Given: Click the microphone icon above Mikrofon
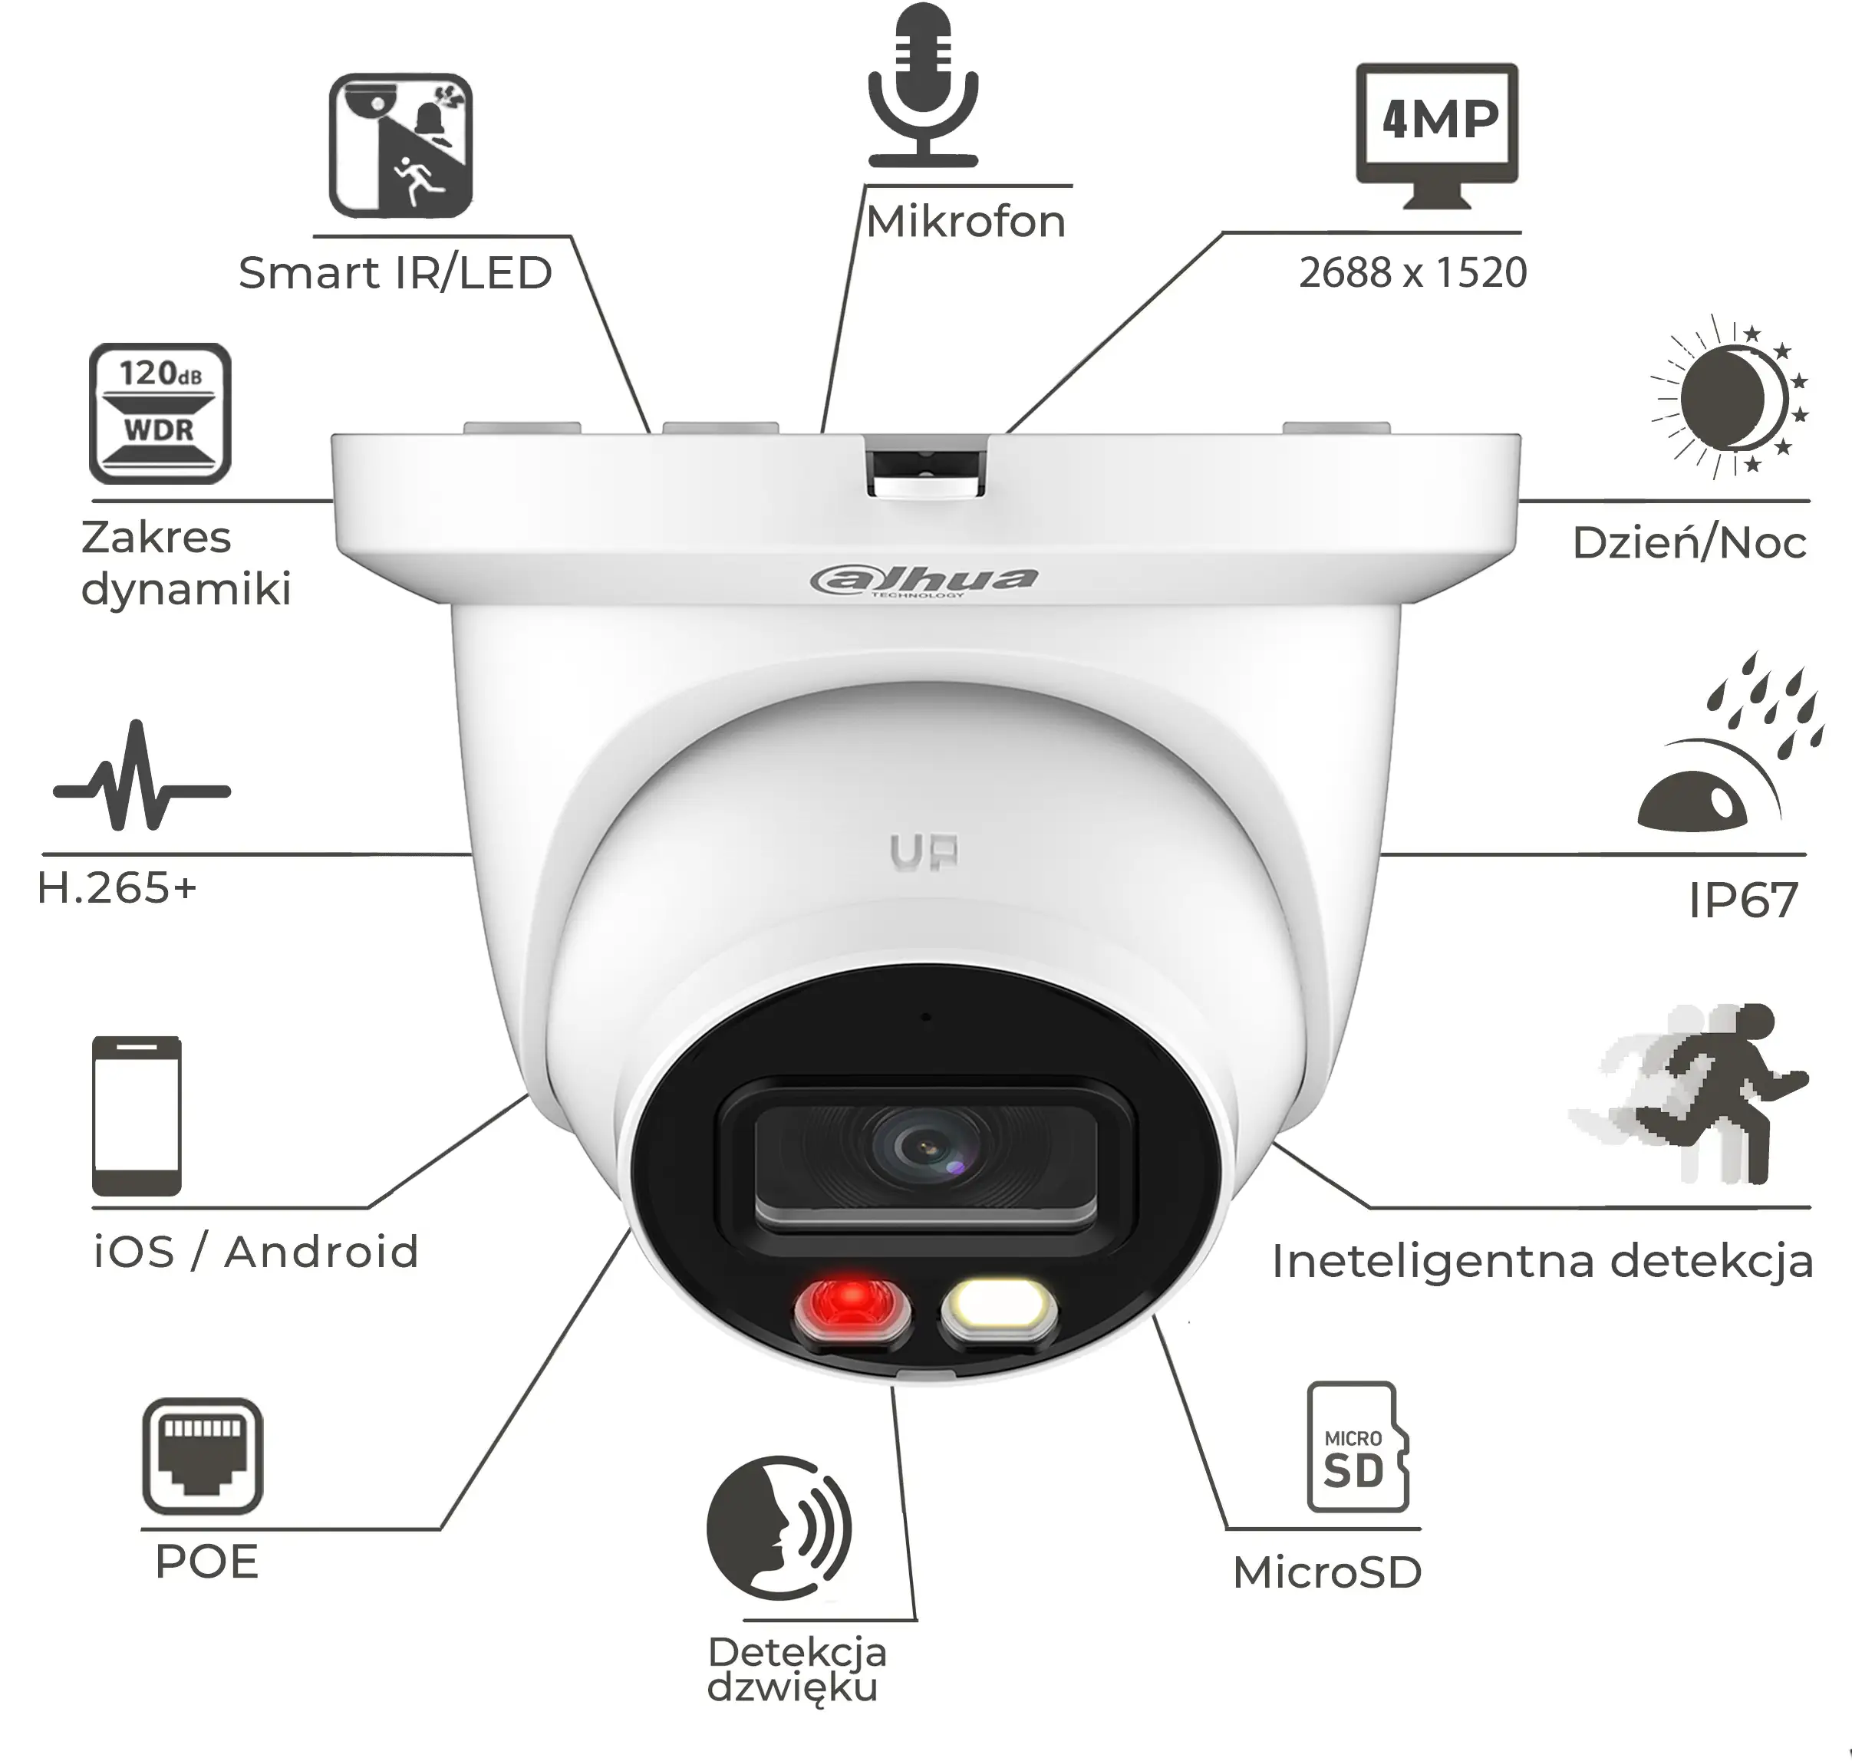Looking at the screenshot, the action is (x=923, y=87).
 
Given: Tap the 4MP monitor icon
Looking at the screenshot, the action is (x=1437, y=136).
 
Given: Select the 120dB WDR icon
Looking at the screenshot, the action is (x=160, y=413).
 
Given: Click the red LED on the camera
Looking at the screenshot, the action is (x=852, y=1308).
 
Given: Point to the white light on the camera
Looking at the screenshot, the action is (x=998, y=1308).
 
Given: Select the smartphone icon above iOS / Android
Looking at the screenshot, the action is (x=137, y=1115).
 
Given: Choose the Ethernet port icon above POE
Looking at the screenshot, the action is (x=202, y=1456).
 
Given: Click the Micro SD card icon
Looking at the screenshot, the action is (x=1358, y=1447).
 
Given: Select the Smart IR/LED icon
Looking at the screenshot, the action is (x=400, y=146).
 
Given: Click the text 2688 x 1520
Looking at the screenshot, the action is (x=1412, y=272).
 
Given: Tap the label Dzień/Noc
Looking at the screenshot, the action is (x=1689, y=541).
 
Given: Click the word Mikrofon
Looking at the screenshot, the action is (x=965, y=222).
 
